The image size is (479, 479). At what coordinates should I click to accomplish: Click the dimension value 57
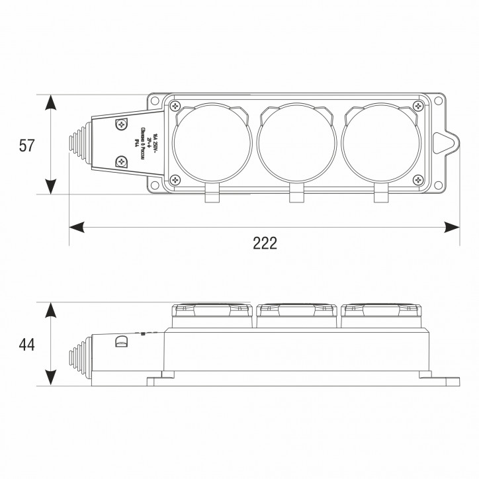[26, 146]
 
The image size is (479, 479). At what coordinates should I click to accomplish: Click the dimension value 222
[265, 243]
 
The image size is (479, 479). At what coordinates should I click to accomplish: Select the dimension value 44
[26, 345]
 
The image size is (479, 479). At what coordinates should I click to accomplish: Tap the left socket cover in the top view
[211, 144]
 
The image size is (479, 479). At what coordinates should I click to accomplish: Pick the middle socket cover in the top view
[296, 144]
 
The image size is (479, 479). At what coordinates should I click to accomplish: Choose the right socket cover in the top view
[380, 144]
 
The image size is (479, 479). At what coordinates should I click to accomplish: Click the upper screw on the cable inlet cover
[122, 124]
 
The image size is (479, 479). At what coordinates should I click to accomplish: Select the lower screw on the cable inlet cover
[122, 161]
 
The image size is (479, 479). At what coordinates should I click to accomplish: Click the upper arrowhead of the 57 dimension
[52, 103]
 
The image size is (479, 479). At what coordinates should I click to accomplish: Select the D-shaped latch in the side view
[120, 342]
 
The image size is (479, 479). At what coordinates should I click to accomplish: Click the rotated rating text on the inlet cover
[143, 143]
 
